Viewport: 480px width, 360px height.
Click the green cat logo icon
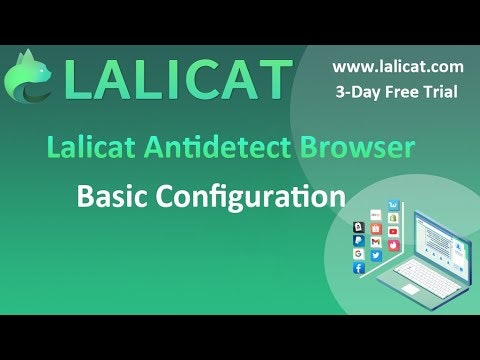point(31,81)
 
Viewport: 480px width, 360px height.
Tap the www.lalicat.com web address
point(397,67)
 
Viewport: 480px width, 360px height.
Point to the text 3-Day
point(357,91)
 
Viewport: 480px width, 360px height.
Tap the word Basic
point(113,196)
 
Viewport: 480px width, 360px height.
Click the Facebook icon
point(358,269)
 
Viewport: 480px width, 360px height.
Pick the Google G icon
point(358,254)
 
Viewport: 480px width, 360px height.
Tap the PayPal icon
point(358,240)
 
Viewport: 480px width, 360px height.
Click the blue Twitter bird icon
point(375,256)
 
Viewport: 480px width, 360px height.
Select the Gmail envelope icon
point(375,242)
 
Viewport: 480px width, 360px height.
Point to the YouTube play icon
point(393,231)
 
